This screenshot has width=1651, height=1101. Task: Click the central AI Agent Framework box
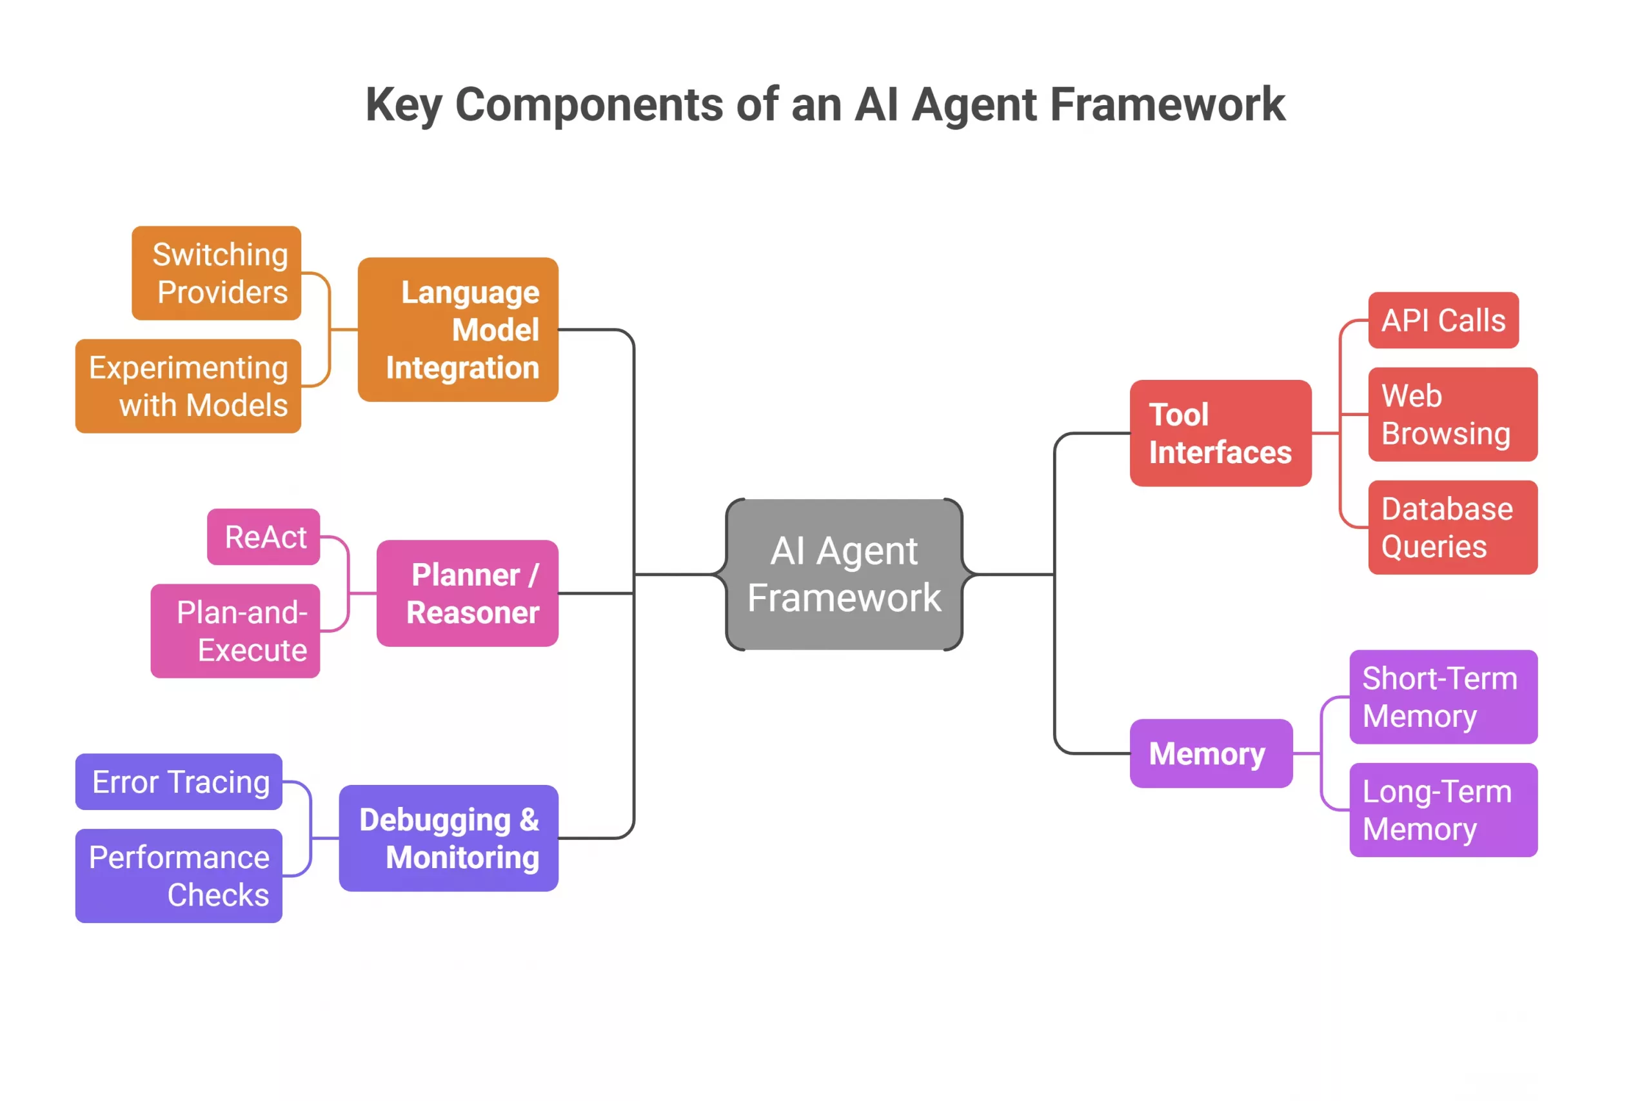(844, 575)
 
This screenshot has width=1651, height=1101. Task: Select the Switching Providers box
(216, 273)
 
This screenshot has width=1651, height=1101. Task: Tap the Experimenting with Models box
(188, 386)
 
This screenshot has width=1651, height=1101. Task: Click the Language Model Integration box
(458, 330)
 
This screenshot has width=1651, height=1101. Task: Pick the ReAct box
(263, 537)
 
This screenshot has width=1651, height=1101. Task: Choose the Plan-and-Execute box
(235, 631)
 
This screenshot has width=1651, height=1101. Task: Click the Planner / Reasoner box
(468, 593)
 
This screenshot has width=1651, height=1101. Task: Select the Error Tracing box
(179, 782)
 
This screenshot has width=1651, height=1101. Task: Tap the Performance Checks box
(179, 876)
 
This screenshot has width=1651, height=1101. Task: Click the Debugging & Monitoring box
(449, 838)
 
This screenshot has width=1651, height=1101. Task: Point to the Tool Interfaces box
(1220, 433)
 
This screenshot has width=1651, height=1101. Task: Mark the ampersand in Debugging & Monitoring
(529, 819)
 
